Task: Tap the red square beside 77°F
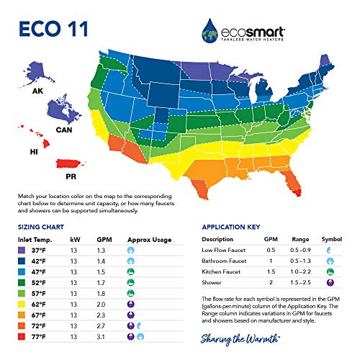(x=23, y=336)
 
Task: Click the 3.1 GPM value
(x=104, y=336)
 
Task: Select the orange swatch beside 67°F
(x=23, y=315)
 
